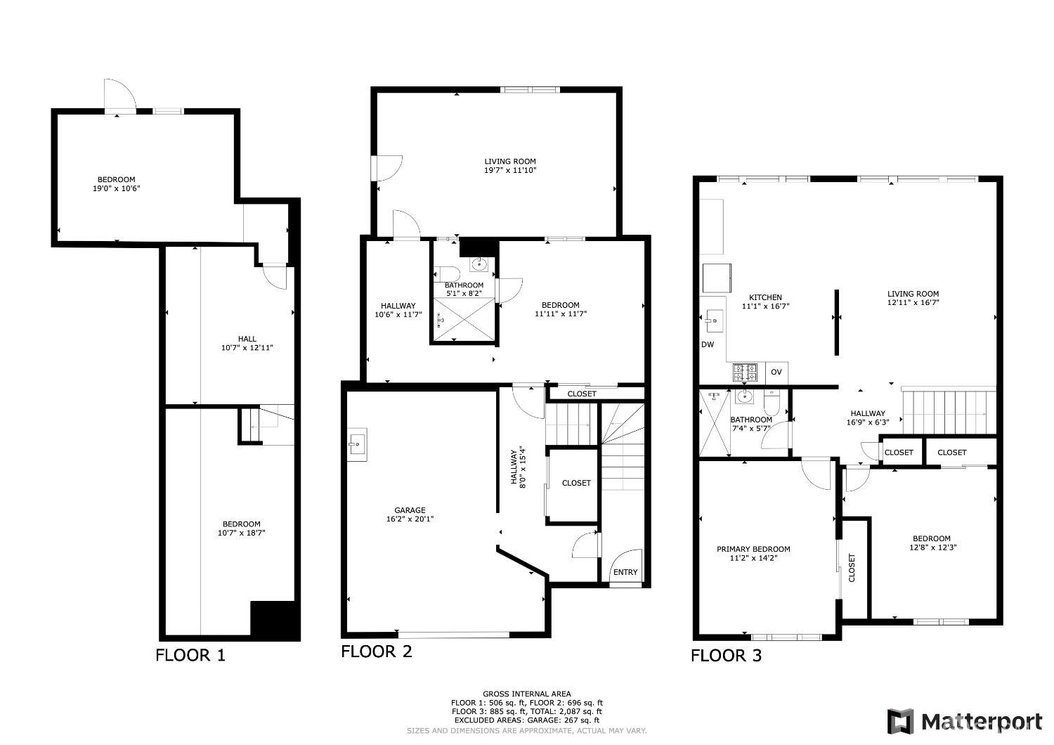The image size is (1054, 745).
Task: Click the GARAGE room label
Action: (x=410, y=510)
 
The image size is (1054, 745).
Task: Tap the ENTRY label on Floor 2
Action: (x=625, y=572)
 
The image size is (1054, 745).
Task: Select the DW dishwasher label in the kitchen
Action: (x=708, y=344)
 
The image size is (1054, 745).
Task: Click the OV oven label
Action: (x=776, y=372)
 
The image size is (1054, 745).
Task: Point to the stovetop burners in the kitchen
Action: (x=745, y=372)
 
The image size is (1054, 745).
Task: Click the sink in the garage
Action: (x=357, y=444)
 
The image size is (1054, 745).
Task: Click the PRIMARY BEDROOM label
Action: (x=753, y=549)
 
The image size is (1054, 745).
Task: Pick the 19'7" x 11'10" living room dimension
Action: (x=510, y=170)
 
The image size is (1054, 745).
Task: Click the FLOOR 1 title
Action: (x=190, y=656)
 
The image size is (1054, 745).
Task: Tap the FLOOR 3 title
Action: (x=726, y=656)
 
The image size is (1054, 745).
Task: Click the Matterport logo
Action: (x=965, y=722)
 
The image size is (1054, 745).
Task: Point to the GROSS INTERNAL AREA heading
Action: (x=527, y=694)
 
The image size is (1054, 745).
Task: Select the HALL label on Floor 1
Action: (x=247, y=339)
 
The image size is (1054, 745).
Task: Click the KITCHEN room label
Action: (x=766, y=297)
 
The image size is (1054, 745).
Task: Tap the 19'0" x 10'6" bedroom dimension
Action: (x=116, y=189)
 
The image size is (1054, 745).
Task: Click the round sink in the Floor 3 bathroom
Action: (x=744, y=396)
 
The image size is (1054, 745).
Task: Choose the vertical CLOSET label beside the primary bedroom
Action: (x=852, y=568)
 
